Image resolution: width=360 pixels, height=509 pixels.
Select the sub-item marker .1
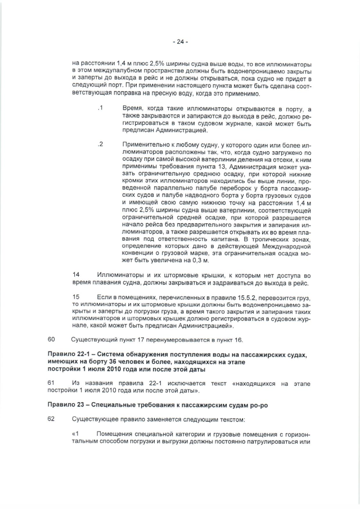(101, 107)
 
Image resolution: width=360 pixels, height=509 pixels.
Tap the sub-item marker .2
(101, 145)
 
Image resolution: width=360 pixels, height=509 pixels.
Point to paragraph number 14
(76, 275)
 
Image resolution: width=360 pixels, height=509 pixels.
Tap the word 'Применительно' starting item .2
(145, 145)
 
